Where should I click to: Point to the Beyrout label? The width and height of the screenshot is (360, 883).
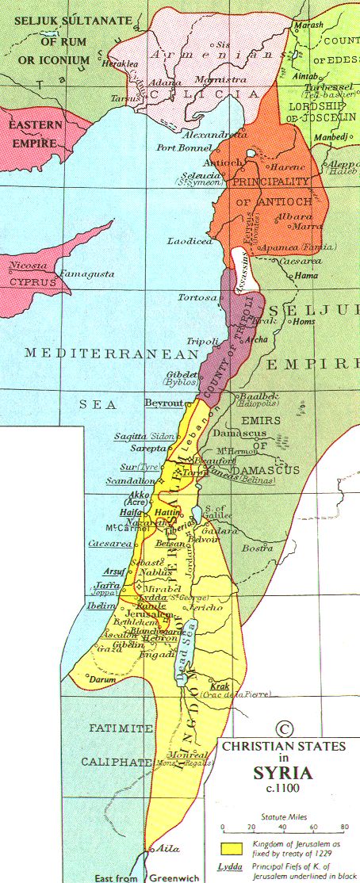164,403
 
